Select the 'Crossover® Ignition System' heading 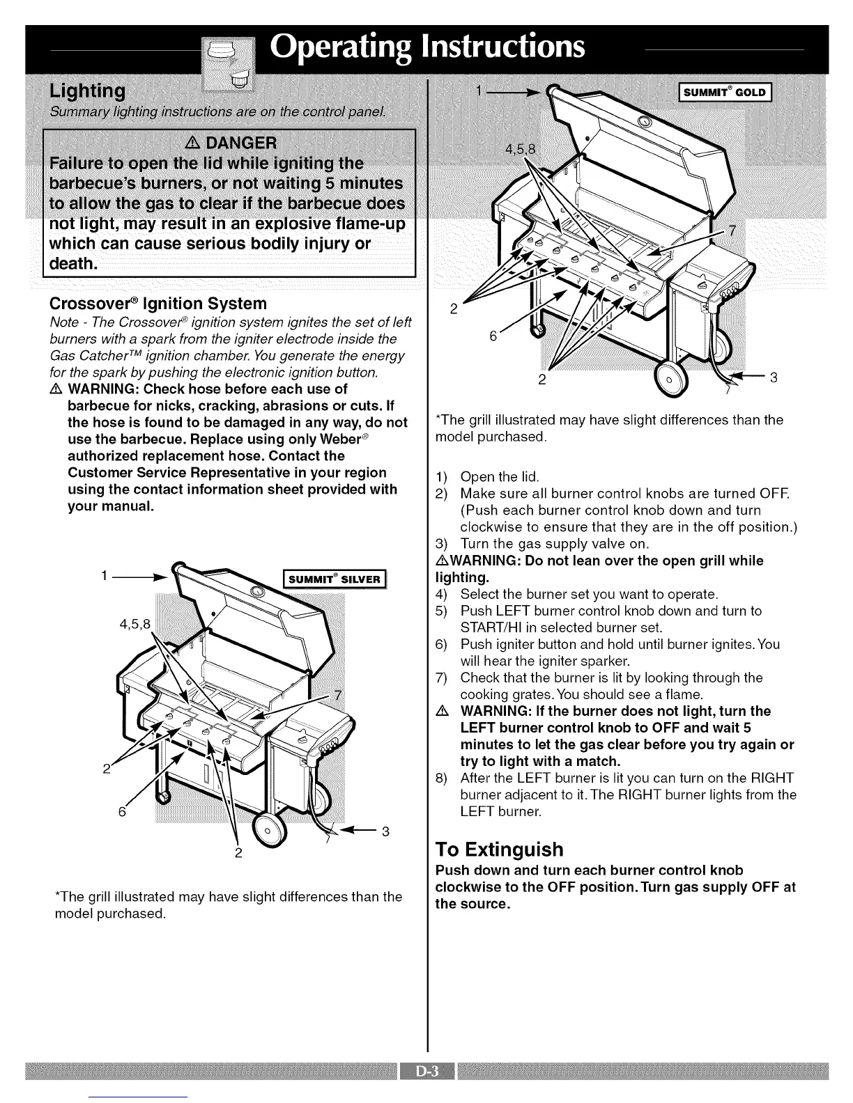pyautogui.click(x=158, y=304)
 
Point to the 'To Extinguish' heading pyautogui.click(x=498, y=850)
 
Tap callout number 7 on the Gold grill pyautogui.click(x=731, y=230)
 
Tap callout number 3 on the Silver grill pyautogui.click(x=385, y=831)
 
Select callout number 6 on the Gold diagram pyautogui.click(x=493, y=336)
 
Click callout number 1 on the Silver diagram pyautogui.click(x=104, y=576)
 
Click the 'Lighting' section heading pyautogui.click(x=87, y=91)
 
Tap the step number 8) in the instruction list pyautogui.click(x=440, y=778)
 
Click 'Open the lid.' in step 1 pyautogui.click(x=500, y=477)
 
